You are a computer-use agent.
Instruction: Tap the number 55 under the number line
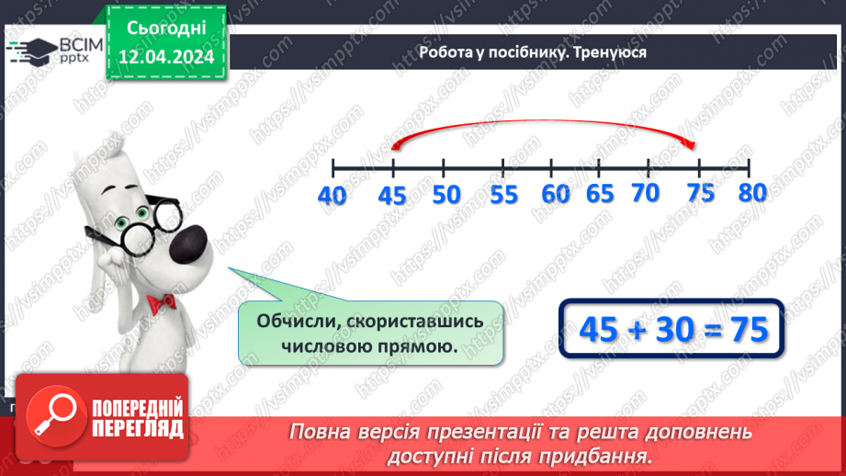pos(503,195)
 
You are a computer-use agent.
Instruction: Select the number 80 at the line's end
pos(750,192)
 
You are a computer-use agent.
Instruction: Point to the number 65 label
pos(599,194)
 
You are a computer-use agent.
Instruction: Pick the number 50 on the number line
pos(446,195)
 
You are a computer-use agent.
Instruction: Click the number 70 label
pos(647,193)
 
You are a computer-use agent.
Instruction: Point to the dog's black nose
pos(195,244)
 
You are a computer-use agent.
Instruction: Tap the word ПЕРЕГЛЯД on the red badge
pos(138,429)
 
